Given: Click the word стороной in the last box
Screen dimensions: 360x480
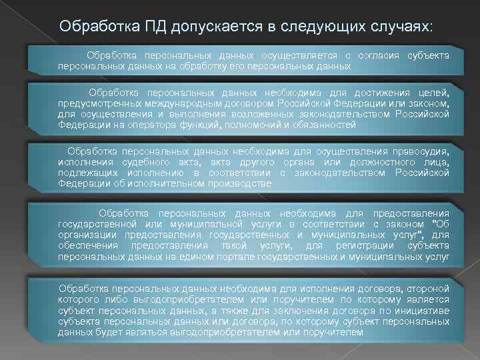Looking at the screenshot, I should pyautogui.click(x=427, y=288).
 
